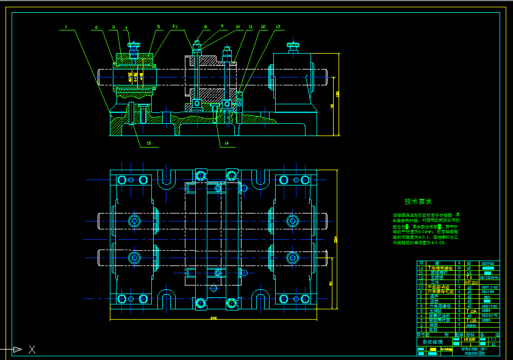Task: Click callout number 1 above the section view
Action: (x=65, y=26)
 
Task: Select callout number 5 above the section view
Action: (x=158, y=27)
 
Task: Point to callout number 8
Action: (x=206, y=27)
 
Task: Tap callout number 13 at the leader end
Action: (x=278, y=27)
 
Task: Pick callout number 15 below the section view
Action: (x=148, y=143)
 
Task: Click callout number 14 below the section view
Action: (x=226, y=143)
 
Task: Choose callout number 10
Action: (x=237, y=27)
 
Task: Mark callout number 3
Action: (x=113, y=27)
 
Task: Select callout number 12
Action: (x=263, y=27)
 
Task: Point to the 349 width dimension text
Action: (x=213, y=318)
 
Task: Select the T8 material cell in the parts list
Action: (x=469, y=277)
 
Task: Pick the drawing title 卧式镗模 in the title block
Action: (x=434, y=342)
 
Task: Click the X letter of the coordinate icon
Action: (x=32, y=350)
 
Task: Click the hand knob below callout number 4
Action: (x=134, y=45)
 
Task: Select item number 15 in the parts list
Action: (x=420, y=263)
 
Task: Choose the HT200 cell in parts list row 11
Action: (x=470, y=283)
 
